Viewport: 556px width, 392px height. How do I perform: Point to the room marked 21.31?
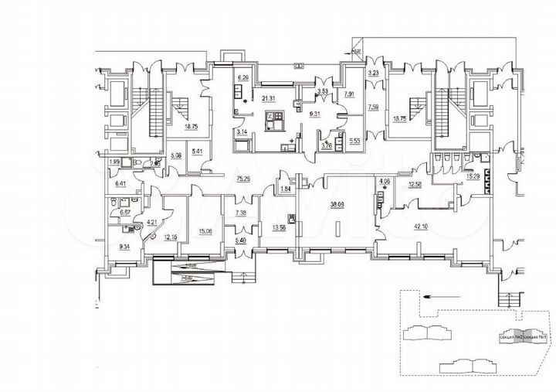click(x=268, y=99)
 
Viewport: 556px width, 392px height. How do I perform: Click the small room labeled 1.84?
click(x=285, y=189)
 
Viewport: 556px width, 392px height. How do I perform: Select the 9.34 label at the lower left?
click(x=126, y=246)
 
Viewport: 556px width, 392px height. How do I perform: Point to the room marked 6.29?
click(x=242, y=77)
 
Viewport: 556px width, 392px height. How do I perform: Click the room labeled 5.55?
click(x=354, y=142)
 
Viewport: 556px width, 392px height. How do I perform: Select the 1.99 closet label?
click(x=115, y=162)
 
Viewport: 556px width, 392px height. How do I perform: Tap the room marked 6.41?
click(x=120, y=184)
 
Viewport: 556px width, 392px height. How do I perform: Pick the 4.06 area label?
click(x=385, y=182)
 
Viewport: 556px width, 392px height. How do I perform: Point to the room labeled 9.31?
click(x=315, y=114)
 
